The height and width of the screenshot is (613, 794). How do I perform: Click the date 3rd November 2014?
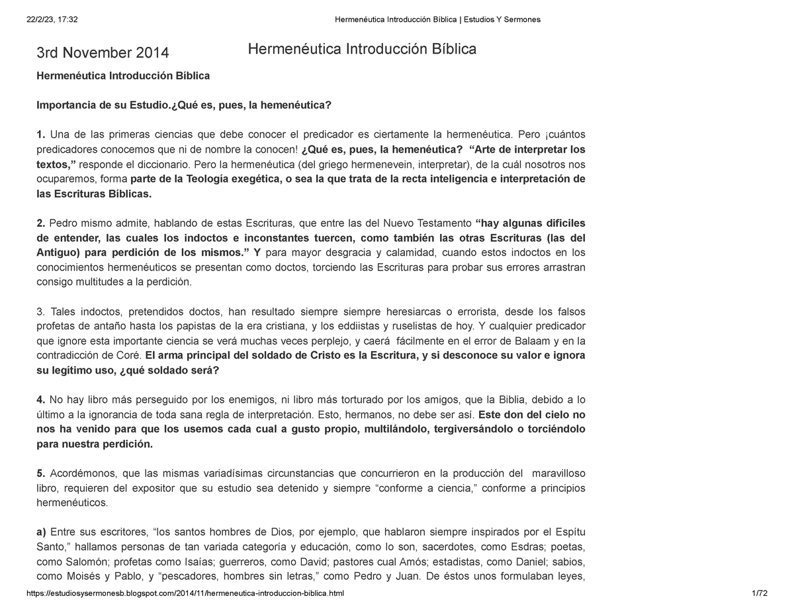(x=103, y=52)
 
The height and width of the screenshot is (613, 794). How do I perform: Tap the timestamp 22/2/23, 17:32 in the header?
(x=52, y=19)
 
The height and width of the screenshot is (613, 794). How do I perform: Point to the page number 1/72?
(x=759, y=594)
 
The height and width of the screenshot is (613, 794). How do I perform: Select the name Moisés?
(x=87, y=577)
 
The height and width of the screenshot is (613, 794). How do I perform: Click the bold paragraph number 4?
(x=40, y=399)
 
